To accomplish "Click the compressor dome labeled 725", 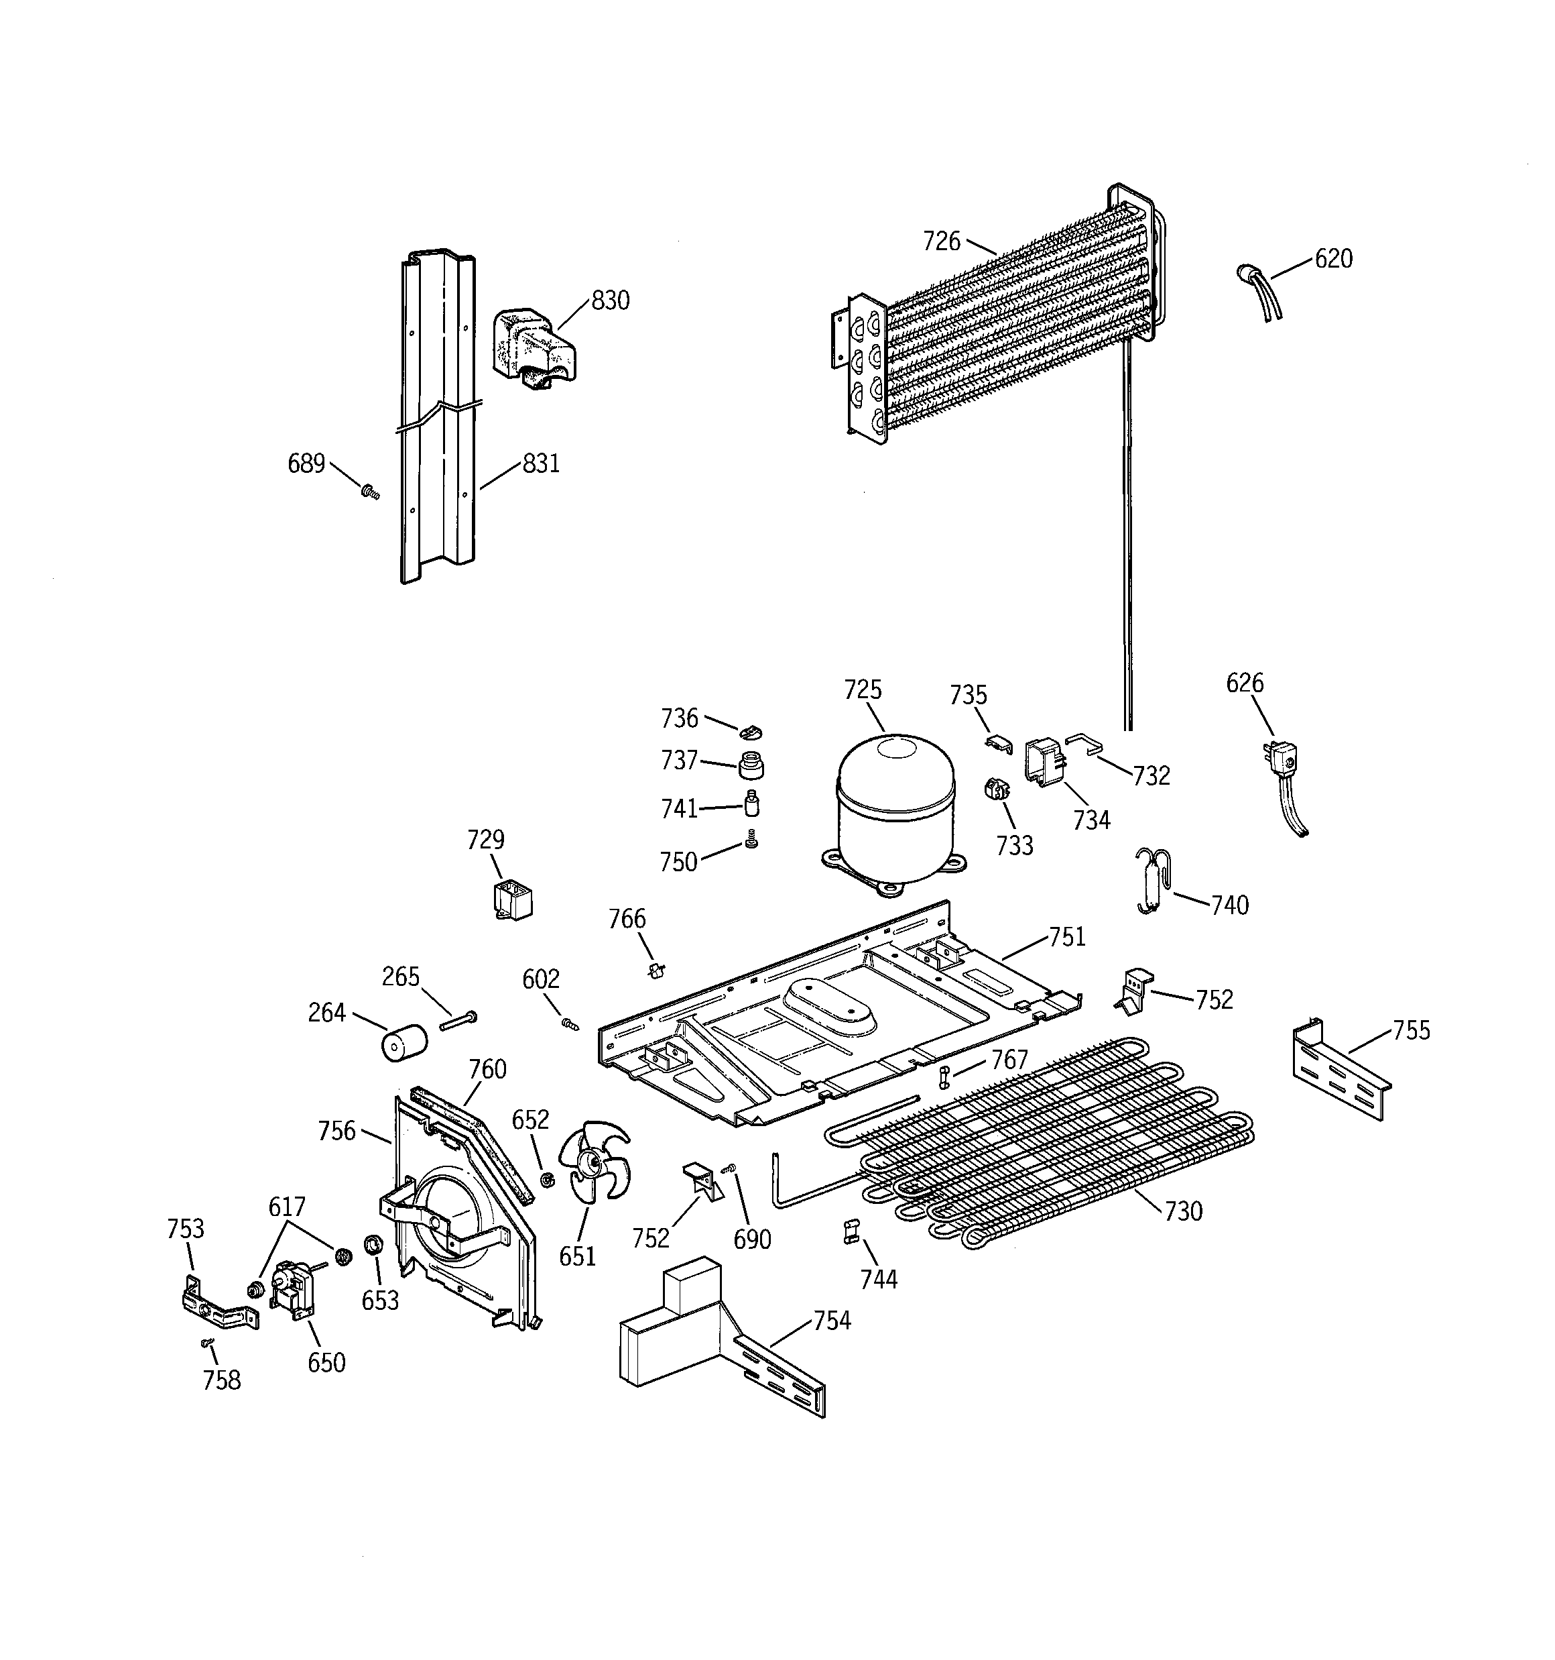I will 895,806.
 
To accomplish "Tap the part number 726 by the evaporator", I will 942,241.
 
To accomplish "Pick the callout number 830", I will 610,300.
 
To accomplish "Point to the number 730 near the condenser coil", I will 1183,1211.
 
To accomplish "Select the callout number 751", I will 1066,937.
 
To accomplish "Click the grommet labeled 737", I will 751,763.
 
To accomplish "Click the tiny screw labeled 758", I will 207,1343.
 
